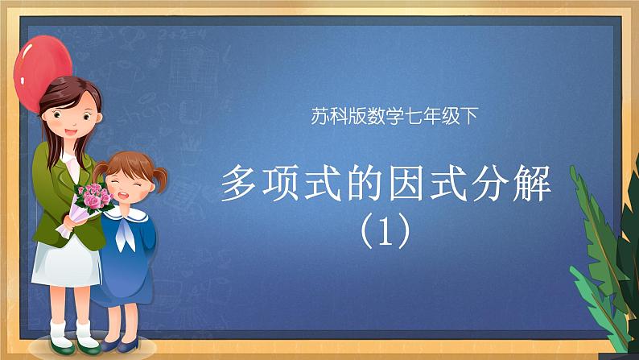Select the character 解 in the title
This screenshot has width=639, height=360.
[532, 183]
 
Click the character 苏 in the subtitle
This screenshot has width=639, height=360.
[320, 116]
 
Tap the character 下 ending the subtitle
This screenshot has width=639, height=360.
[468, 116]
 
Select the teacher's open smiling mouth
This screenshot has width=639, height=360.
[71, 133]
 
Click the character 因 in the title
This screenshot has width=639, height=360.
[406, 183]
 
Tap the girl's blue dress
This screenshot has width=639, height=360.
[126, 261]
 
